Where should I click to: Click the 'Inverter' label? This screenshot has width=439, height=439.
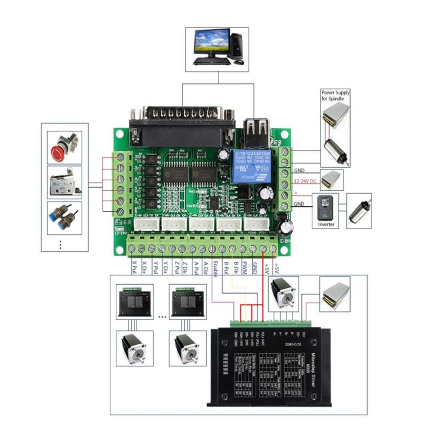(x=326, y=225)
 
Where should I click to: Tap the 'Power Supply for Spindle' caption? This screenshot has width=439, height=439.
(x=335, y=96)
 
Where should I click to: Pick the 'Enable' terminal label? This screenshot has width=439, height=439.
(x=215, y=269)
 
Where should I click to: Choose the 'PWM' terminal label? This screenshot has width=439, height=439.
(x=245, y=268)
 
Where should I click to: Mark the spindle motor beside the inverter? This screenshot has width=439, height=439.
(x=358, y=210)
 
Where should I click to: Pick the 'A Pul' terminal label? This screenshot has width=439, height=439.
(x=196, y=268)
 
